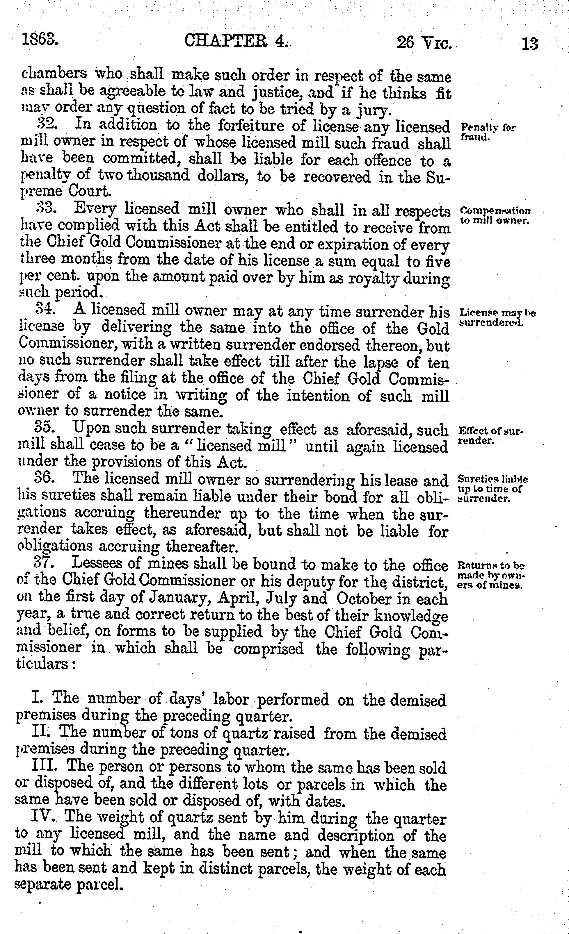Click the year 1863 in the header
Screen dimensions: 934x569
tap(40, 39)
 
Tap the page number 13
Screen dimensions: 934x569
tap(529, 44)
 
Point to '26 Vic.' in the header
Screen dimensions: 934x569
tap(424, 43)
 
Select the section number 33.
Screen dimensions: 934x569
tap(46, 208)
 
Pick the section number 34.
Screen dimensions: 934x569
tap(45, 310)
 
